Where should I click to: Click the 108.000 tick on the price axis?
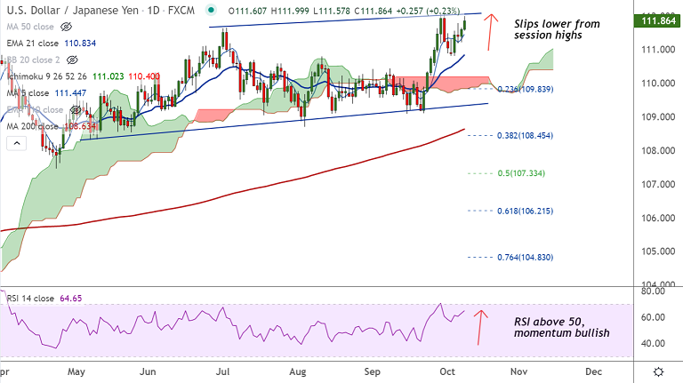pyautogui.click(x=658, y=150)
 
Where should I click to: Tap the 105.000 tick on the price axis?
pyautogui.click(x=658, y=251)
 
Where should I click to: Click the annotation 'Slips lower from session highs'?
pyautogui.click(x=557, y=29)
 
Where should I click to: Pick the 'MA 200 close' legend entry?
pyautogui.click(x=44, y=126)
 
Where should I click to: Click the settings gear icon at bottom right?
pyautogui.click(x=657, y=371)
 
